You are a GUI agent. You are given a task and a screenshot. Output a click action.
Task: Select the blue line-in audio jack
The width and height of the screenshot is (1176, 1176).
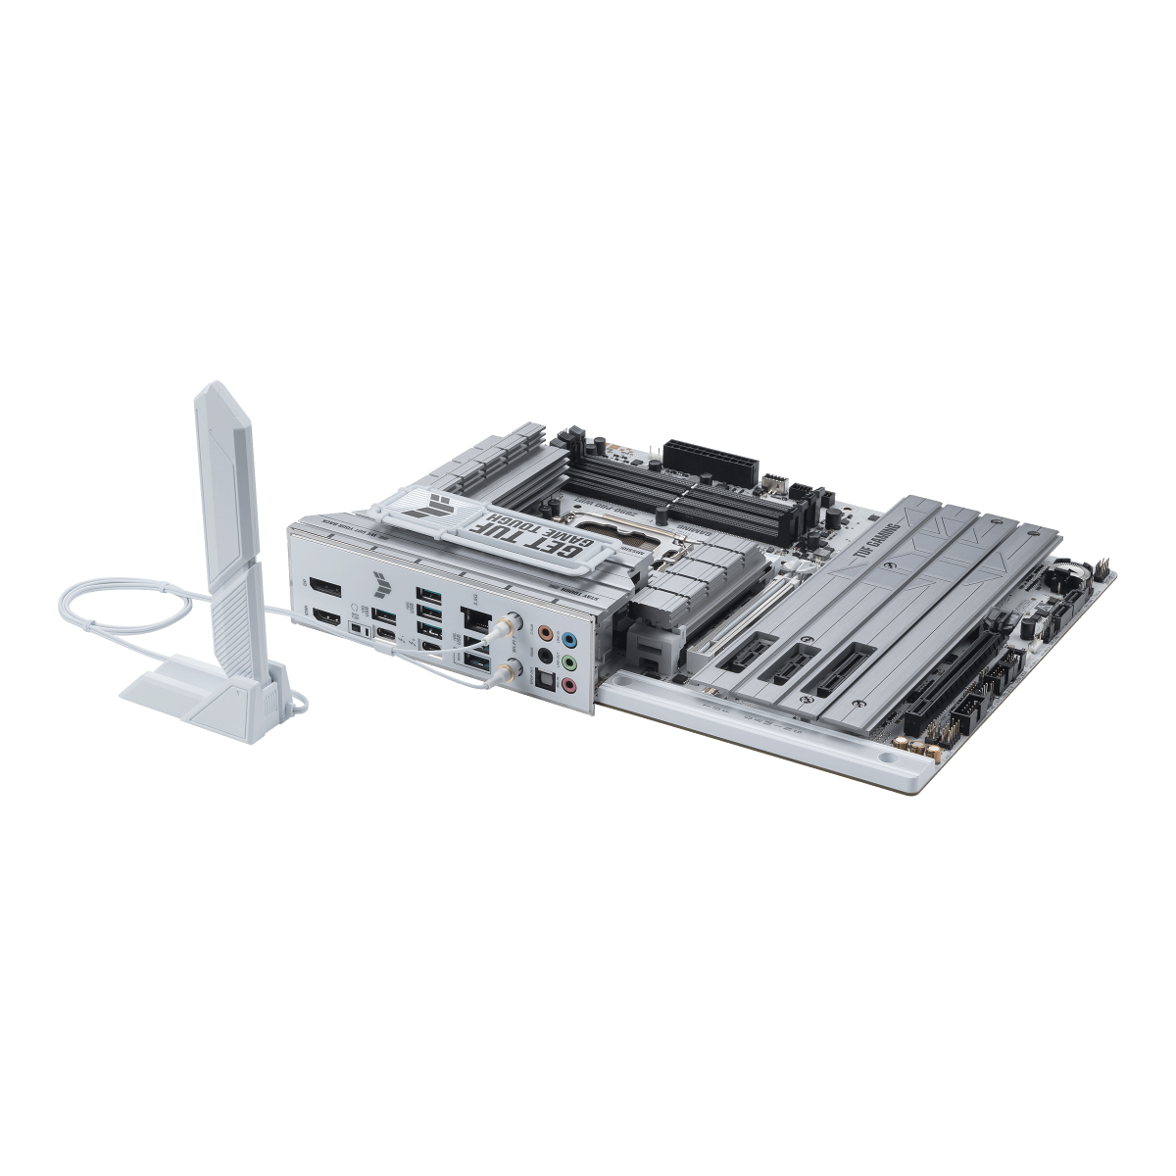coord(570,636)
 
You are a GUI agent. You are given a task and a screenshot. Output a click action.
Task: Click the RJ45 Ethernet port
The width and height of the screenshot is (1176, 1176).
coord(477,618)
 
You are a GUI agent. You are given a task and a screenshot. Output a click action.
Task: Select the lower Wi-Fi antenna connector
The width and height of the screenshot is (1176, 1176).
coord(508,669)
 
